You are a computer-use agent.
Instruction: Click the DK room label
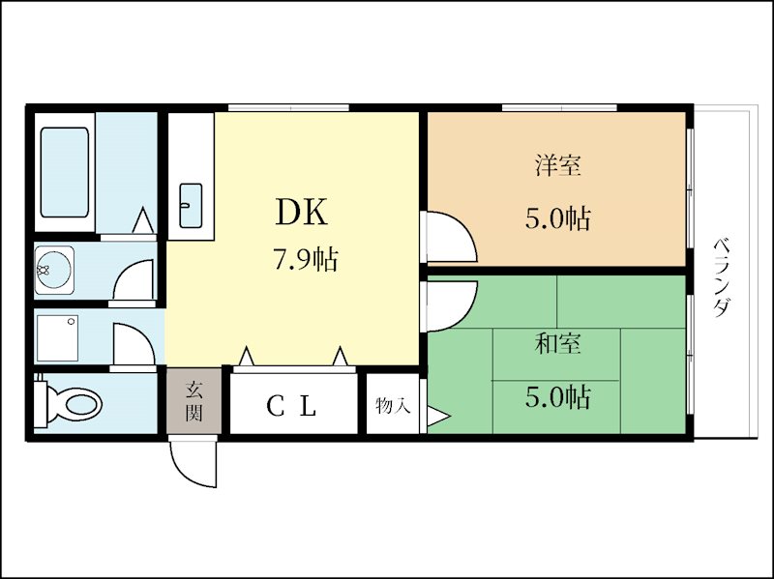tap(301, 212)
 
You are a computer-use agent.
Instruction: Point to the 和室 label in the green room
tap(558, 343)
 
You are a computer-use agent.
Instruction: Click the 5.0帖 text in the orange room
tap(558, 218)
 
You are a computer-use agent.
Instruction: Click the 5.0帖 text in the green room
tap(558, 396)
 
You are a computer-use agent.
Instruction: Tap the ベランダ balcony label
tap(722, 277)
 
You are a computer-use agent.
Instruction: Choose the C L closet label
tap(291, 406)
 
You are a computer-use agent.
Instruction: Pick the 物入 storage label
tap(393, 406)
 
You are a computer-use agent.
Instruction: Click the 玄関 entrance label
tap(194, 401)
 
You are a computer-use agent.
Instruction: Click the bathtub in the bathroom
tap(65, 172)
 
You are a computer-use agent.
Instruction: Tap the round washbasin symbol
tap(54, 271)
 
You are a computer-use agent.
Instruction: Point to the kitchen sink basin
tap(191, 206)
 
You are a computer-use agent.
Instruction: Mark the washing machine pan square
tap(57, 338)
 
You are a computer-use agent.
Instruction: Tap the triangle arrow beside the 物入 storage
tap(438, 416)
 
